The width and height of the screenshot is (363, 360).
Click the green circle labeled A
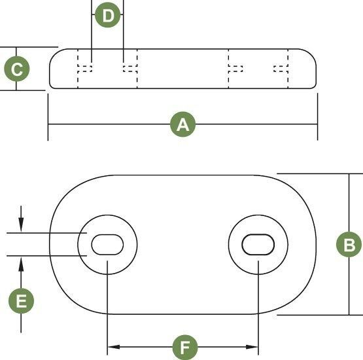click(x=183, y=124)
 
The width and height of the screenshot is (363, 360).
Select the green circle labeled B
click(x=349, y=244)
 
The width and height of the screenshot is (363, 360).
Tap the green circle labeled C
click(x=17, y=69)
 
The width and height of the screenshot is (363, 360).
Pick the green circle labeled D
click(x=108, y=15)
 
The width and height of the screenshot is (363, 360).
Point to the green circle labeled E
click(x=22, y=301)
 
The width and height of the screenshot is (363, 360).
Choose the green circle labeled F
click(x=185, y=348)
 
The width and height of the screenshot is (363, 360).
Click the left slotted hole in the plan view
click(x=107, y=245)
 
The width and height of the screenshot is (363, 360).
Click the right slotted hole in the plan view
click(x=258, y=245)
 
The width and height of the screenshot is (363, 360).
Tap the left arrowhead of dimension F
click(x=114, y=347)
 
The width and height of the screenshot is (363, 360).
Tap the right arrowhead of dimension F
click(x=252, y=347)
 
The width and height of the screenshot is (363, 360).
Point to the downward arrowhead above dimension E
click(x=21, y=225)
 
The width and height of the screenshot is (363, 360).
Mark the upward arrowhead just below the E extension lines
click(x=21, y=264)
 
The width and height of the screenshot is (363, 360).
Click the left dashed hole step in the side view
click(x=85, y=68)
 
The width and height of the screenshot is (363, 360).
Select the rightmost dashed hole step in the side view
click(x=281, y=69)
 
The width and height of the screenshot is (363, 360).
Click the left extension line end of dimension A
click(x=48, y=140)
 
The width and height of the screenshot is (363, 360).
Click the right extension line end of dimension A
click(x=317, y=140)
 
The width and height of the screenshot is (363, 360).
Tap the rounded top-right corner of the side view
click(x=311, y=54)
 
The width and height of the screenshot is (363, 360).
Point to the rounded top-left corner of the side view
click(x=55, y=54)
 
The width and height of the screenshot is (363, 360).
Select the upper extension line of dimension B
click(x=320, y=173)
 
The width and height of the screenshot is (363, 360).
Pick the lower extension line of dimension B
click(x=320, y=315)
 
